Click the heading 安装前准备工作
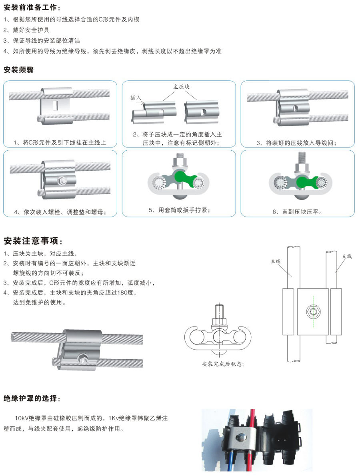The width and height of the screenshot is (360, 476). tap(30, 7)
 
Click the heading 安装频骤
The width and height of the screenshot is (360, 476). tap(18, 70)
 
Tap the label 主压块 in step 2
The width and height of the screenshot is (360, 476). tap(181, 86)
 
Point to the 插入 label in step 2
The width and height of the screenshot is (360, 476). tap(136, 98)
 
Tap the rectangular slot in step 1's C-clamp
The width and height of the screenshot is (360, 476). tap(55, 105)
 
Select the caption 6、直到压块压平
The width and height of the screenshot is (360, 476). tap(297, 211)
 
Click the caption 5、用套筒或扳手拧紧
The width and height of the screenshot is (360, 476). tap(179, 210)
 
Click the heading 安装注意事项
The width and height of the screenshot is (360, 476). tap(33, 241)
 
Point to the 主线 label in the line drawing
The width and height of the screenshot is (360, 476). tap(276, 261)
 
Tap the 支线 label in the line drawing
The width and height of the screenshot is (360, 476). tap(347, 256)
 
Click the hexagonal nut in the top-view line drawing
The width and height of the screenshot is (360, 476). tap(313, 311)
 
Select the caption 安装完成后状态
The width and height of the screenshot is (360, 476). tap(223, 364)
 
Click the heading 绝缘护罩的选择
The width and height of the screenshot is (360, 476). tap(32, 398)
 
